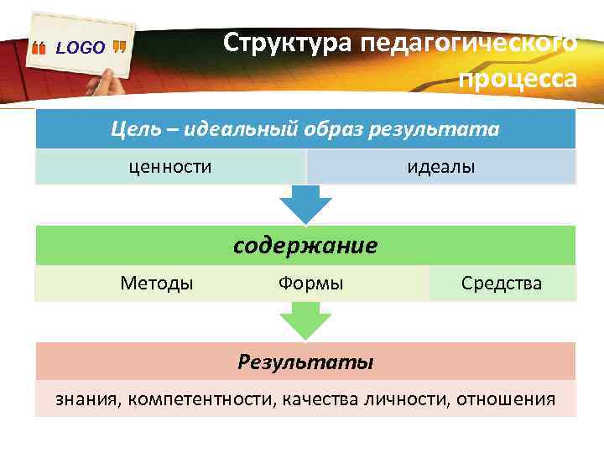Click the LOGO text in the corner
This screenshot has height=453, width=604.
coord(81,48)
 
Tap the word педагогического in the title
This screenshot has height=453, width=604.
coord(469,43)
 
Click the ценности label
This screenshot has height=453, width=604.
coord(170,167)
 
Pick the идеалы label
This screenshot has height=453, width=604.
coord(441,167)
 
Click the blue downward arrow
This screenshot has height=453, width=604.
coord(305,203)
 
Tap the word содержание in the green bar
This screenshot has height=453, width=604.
coord(305,246)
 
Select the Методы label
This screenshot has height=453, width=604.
coord(157,284)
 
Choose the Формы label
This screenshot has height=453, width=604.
coord(310,284)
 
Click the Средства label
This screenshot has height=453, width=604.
coord(502,284)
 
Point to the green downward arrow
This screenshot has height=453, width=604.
coord(305,320)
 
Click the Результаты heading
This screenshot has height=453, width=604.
coord(305,362)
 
